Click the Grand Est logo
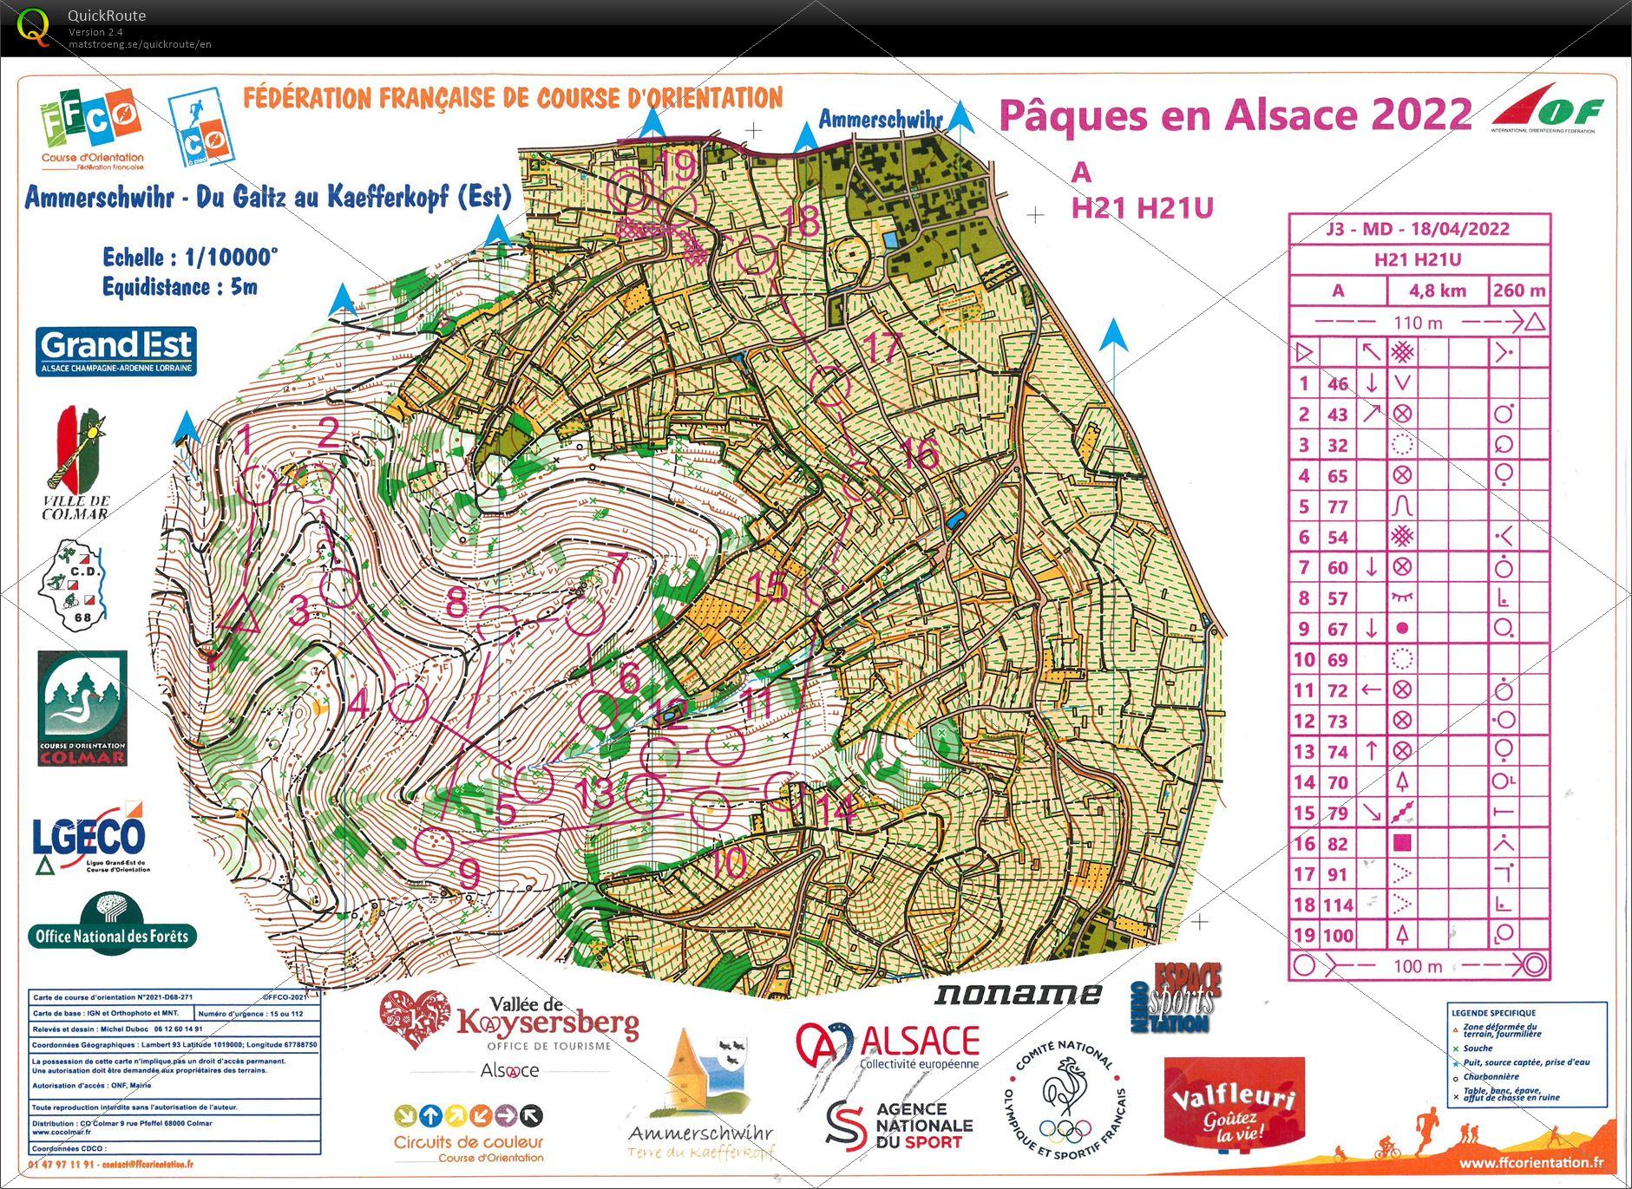coord(116,350)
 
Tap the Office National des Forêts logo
coord(111,925)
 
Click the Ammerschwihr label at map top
coord(880,120)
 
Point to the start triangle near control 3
coord(240,617)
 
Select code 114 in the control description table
coord(1337,905)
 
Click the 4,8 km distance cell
coord(1437,291)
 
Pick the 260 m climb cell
coord(1519,291)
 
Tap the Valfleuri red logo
coord(1233,1102)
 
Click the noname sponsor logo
coord(1017,994)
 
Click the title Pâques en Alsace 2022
coord(1235,115)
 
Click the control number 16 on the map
coord(920,453)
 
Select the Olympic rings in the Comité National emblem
coord(1065,1130)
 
